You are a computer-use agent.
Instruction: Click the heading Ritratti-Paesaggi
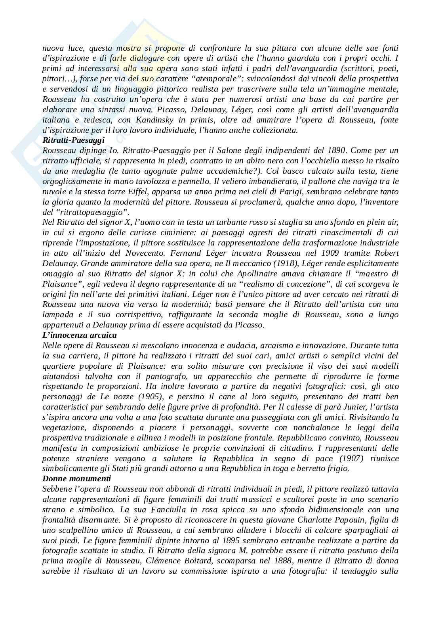(73, 140)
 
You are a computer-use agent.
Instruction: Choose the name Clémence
(187, 561)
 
